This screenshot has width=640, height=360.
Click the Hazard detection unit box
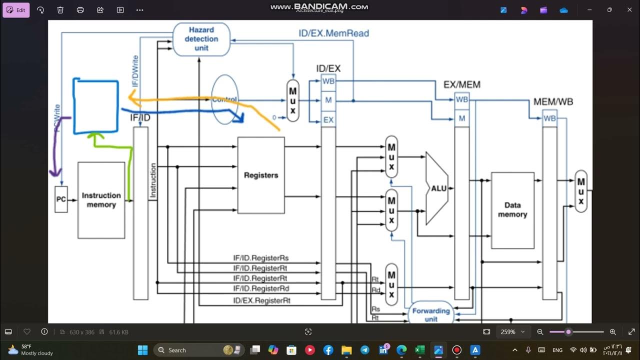[201, 39]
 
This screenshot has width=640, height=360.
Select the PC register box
[61, 199]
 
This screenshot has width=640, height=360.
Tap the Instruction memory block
[101, 200]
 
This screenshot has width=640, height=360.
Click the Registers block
[260, 175]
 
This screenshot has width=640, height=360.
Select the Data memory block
[512, 210]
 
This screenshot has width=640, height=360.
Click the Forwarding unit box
[430, 314]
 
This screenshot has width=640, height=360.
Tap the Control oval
[224, 99]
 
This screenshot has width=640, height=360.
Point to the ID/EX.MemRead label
[333, 33]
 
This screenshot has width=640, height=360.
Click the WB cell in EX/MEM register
[462, 99]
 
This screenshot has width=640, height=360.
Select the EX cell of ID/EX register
[328, 120]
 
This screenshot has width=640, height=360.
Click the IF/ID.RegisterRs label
[260, 258]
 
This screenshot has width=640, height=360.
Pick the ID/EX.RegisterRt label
[261, 300]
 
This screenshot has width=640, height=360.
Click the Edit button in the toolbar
[16, 10]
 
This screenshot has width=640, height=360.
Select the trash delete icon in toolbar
[60, 10]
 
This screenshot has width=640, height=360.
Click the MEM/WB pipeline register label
[553, 102]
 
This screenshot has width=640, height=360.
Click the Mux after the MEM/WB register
[580, 191]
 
